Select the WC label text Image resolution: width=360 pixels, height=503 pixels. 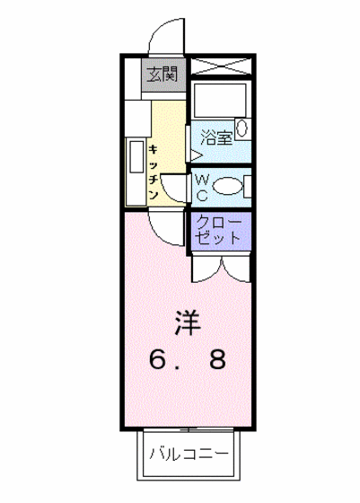click(x=203, y=188)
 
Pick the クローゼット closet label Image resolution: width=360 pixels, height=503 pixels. click(x=218, y=230)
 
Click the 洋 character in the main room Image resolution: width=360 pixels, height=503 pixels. click(x=187, y=320)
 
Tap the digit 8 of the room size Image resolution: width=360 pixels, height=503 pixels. click(x=217, y=361)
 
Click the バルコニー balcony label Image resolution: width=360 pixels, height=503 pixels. click(x=189, y=453)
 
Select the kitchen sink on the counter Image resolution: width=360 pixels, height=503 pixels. click(x=136, y=160)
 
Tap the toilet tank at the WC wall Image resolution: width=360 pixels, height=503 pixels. click(x=248, y=188)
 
